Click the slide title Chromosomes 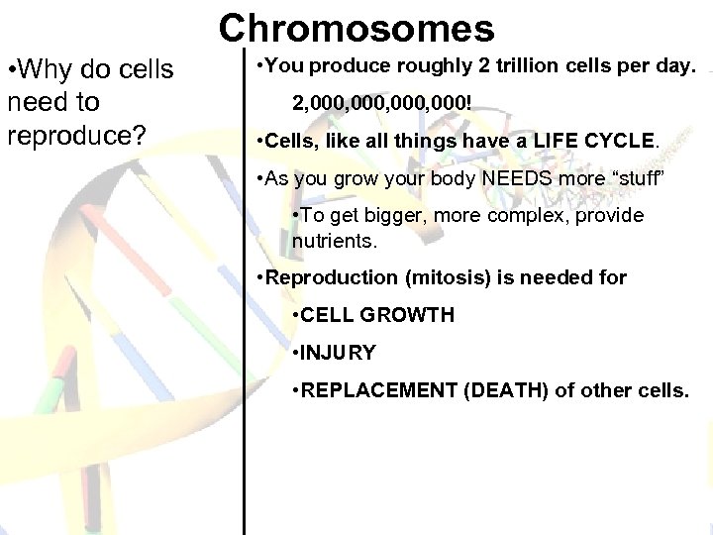pos(356,29)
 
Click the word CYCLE pos(618,141)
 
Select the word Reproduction pos(321,277)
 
